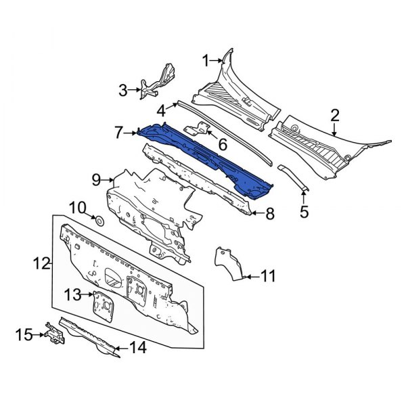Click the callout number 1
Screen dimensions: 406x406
pos(205,61)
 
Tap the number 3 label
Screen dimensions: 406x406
pos(122,89)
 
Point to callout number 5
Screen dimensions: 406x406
pos(304,212)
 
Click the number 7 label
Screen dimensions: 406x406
pos(118,133)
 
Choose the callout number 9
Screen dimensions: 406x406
pos(96,179)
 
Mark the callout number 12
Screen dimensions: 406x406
pos(42,263)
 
